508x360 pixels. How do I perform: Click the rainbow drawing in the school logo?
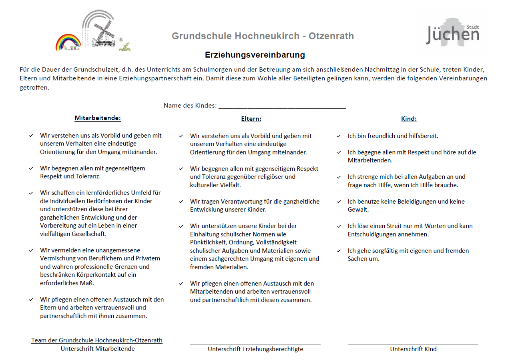68,42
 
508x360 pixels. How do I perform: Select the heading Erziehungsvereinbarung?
255,55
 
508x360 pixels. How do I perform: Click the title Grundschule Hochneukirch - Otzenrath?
263,36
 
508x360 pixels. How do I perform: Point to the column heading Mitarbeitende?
98,118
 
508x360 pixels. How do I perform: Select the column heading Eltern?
251,119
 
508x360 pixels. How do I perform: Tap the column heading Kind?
409,119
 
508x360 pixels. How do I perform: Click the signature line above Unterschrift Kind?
413,344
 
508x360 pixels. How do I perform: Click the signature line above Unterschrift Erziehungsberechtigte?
255,344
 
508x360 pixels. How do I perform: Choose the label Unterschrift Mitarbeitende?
98,349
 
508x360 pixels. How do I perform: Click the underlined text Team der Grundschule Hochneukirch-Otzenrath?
97,340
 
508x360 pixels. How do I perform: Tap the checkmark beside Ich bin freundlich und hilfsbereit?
339,136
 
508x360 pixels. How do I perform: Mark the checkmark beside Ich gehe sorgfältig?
339,251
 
